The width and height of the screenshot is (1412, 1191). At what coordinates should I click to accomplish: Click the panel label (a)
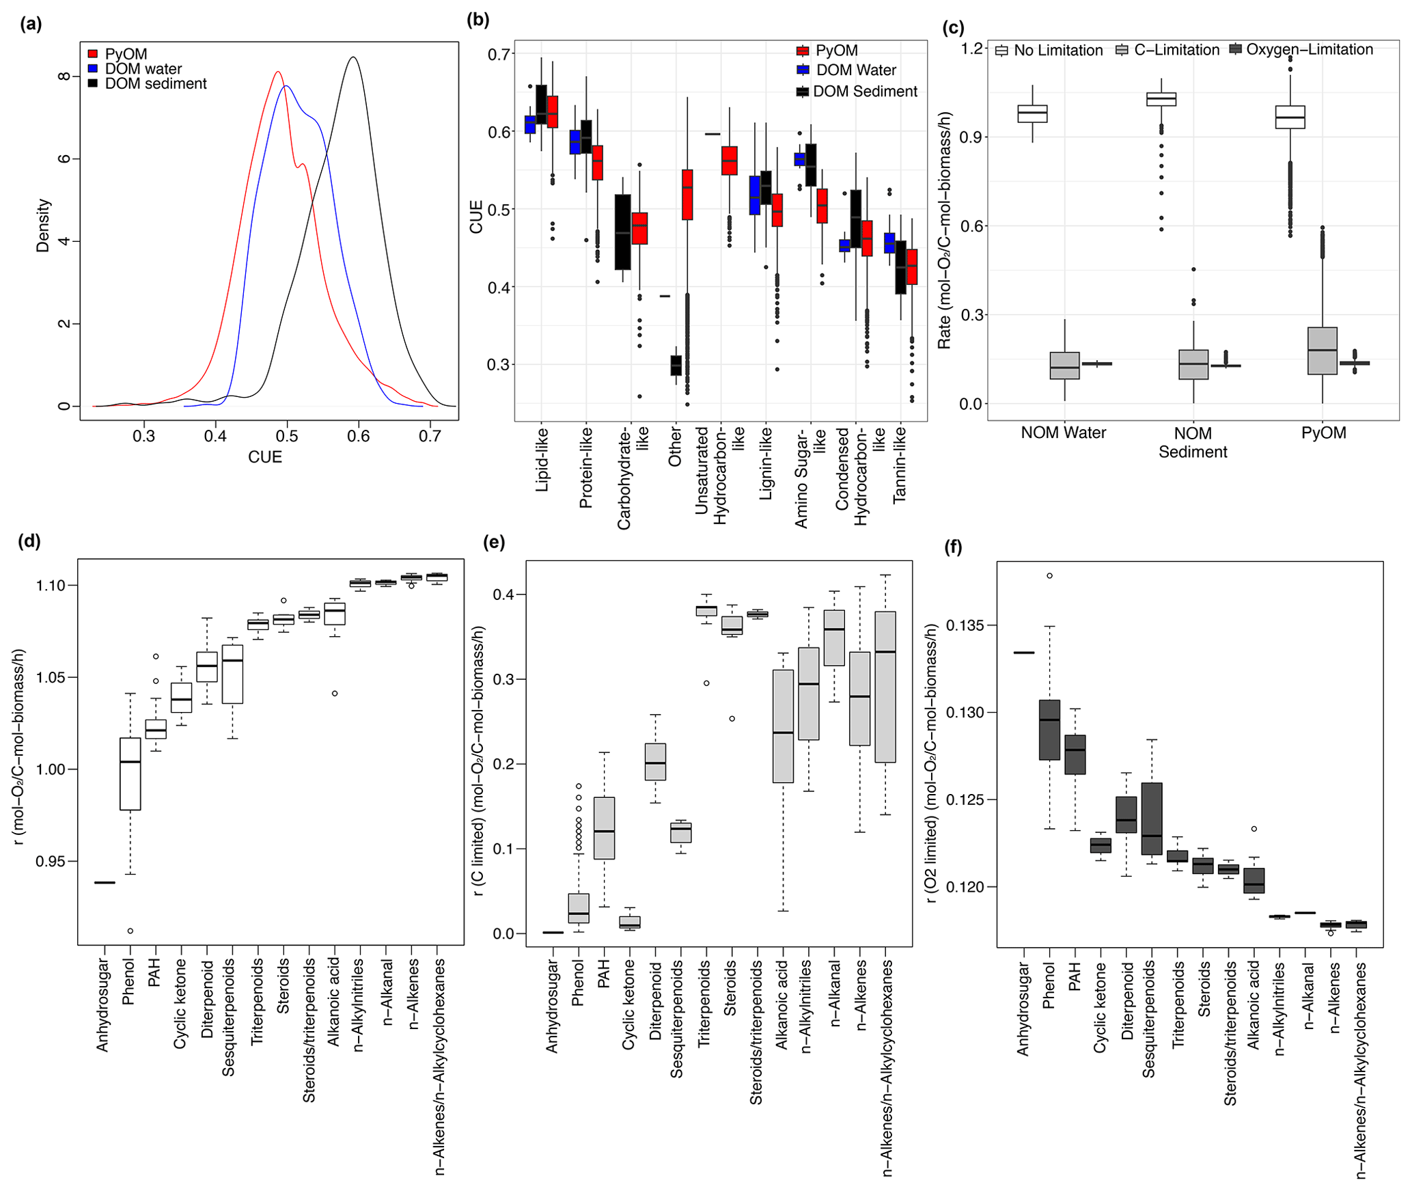pyautogui.click(x=31, y=25)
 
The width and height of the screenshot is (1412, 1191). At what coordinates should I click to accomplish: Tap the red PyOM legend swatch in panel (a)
pyautogui.click(x=93, y=54)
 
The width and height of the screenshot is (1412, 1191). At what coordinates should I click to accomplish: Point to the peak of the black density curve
pyautogui.click(x=353, y=57)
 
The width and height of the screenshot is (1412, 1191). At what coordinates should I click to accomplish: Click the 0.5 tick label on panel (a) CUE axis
pyautogui.click(x=287, y=436)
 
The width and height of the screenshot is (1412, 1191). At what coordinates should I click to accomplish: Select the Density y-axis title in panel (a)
pyautogui.click(x=43, y=225)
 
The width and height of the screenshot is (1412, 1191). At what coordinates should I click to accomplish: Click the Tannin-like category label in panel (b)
pyautogui.click(x=900, y=465)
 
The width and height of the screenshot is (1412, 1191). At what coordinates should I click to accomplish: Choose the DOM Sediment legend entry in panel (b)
pyautogui.click(x=864, y=92)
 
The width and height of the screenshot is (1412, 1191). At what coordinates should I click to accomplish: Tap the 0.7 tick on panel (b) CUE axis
pyautogui.click(x=500, y=54)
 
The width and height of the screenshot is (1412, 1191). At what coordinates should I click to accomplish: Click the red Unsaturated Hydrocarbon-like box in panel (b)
pyautogui.click(x=730, y=161)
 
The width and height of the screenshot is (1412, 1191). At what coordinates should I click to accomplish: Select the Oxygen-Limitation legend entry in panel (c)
pyautogui.click(x=1309, y=50)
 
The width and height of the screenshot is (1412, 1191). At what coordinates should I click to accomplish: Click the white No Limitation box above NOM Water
pyautogui.click(x=1032, y=113)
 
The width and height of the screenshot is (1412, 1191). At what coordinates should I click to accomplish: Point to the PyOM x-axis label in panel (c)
pyautogui.click(x=1323, y=433)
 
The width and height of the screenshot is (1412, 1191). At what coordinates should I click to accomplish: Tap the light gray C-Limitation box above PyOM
pyautogui.click(x=1323, y=351)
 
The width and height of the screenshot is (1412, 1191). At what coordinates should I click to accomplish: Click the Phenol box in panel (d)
pyautogui.click(x=130, y=774)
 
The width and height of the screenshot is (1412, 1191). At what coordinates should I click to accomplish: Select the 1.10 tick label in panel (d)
pyautogui.click(x=51, y=586)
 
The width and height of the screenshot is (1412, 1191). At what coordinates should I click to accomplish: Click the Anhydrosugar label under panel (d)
pyautogui.click(x=102, y=1004)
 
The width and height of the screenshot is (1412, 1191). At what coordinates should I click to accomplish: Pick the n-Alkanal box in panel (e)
pyautogui.click(x=834, y=638)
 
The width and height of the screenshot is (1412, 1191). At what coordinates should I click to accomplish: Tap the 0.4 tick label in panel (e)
pyautogui.click(x=503, y=594)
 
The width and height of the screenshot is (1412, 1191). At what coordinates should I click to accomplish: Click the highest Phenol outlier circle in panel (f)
pyautogui.click(x=1049, y=576)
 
